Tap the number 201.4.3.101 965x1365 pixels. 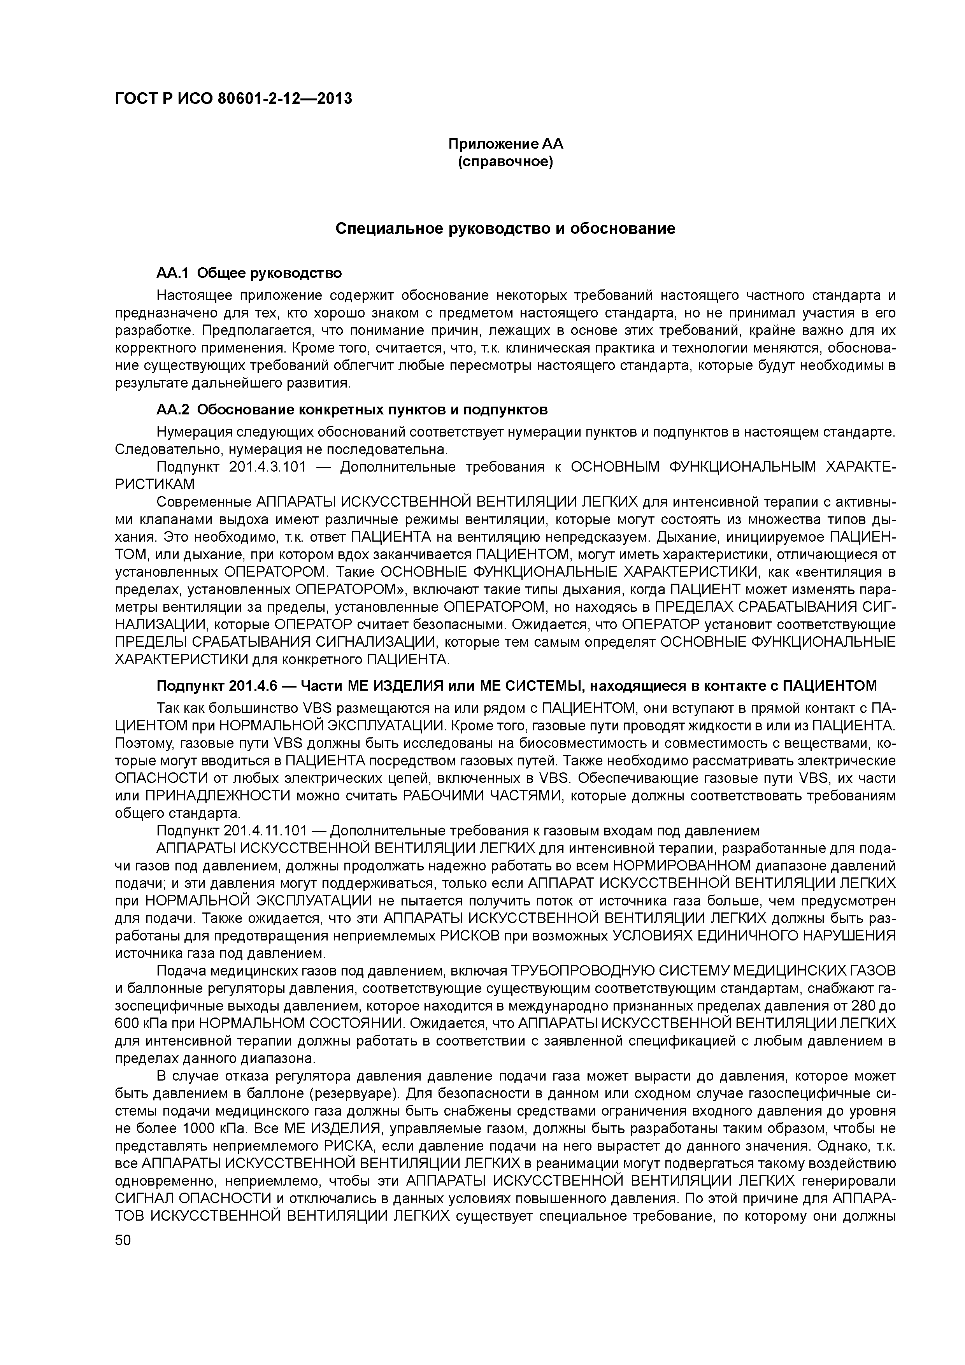coord(268,467)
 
